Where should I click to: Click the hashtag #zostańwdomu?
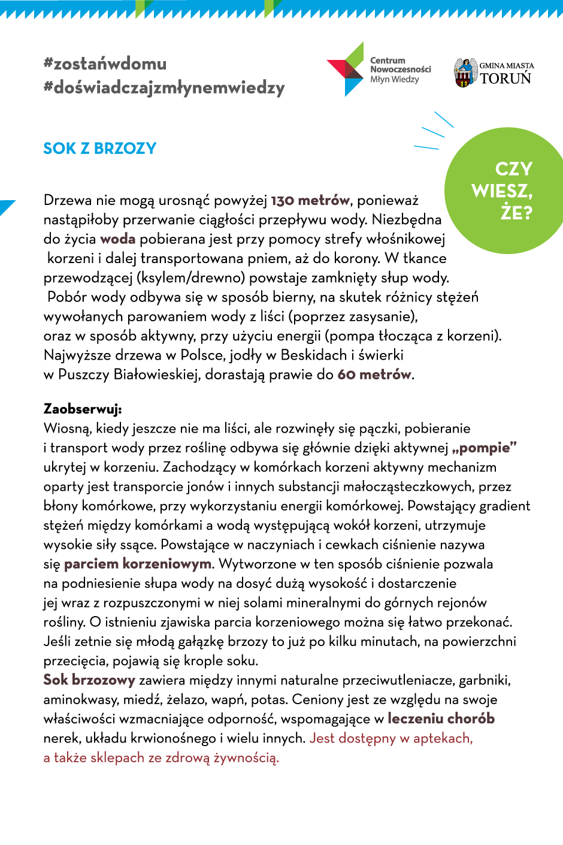[x=105, y=64]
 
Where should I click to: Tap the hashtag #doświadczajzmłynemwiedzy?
[x=164, y=87]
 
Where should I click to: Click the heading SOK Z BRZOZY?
[x=99, y=149]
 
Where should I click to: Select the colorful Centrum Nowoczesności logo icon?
[x=346, y=70]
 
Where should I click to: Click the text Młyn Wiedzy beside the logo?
[x=394, y=80]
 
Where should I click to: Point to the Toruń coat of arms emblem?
[x=464, y=73]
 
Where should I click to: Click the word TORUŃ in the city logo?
[x=506, y=79]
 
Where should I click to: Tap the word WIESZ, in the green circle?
[x=502, y=191]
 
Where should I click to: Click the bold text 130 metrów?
[x=310, y=200]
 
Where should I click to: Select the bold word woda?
[x=117, y=239]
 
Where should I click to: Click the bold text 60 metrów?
[x=374, y=375]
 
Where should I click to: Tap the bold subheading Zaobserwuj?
[x=83, y=409]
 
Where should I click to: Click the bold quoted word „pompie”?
[x=485, y=448]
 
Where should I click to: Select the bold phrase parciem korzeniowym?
[x=137, y=564]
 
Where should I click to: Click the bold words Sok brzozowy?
[x=89, y=680]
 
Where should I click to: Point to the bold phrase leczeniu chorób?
[x=441, y=719]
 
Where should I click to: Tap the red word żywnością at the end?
[x=246, y=758]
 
